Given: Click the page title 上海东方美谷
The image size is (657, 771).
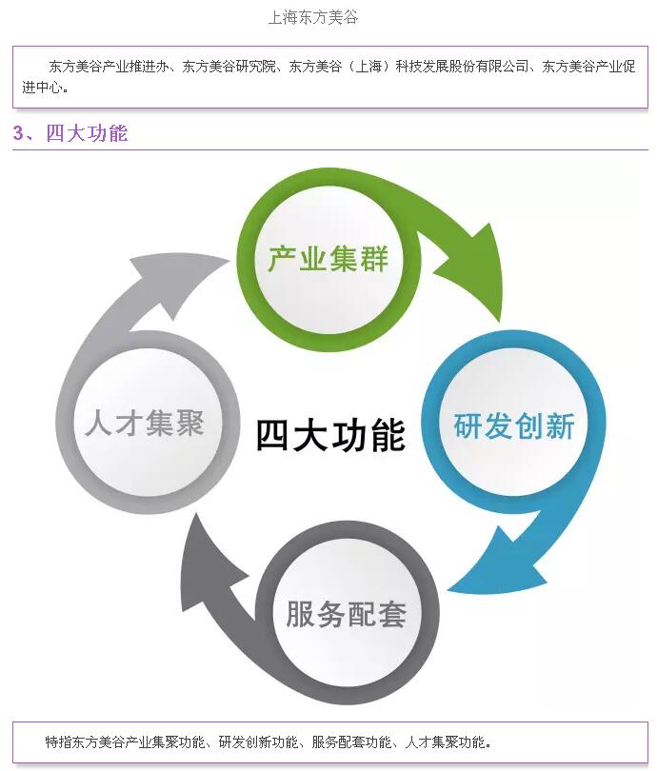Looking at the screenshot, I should point(313,17).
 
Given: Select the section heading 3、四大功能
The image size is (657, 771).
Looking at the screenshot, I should point(70,133).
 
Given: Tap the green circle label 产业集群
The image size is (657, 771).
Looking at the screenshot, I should point(328,258).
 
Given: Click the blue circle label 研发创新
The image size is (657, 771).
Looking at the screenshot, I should point(514,425).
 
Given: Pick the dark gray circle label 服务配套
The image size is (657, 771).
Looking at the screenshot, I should point(347,613).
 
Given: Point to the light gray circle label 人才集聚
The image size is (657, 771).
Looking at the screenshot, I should point(145,423).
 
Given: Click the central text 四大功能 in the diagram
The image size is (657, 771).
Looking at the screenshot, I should point(330,434).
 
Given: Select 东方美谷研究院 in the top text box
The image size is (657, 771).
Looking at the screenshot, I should point(229,68).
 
